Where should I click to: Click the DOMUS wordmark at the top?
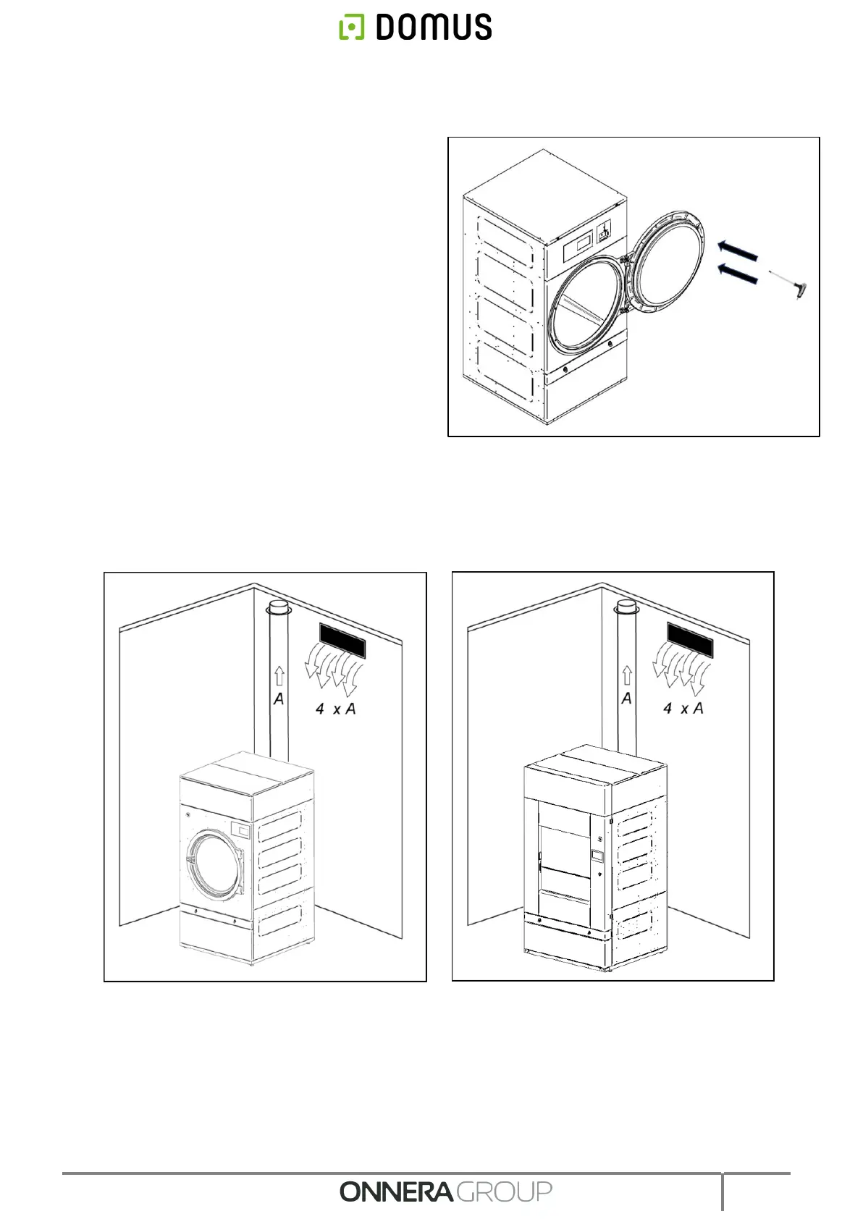(433, 28)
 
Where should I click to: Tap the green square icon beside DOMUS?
(352, 28)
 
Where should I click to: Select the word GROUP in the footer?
(504, 1191)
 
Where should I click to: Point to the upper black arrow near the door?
(737, 251)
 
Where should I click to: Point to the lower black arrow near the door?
(737, 274)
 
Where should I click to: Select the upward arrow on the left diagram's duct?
(279, 677)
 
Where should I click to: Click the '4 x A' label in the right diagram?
(683, 709)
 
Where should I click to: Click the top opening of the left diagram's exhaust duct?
(279, 607)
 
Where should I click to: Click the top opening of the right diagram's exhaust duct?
(627, 606)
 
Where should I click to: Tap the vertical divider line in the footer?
(722, 1191)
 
